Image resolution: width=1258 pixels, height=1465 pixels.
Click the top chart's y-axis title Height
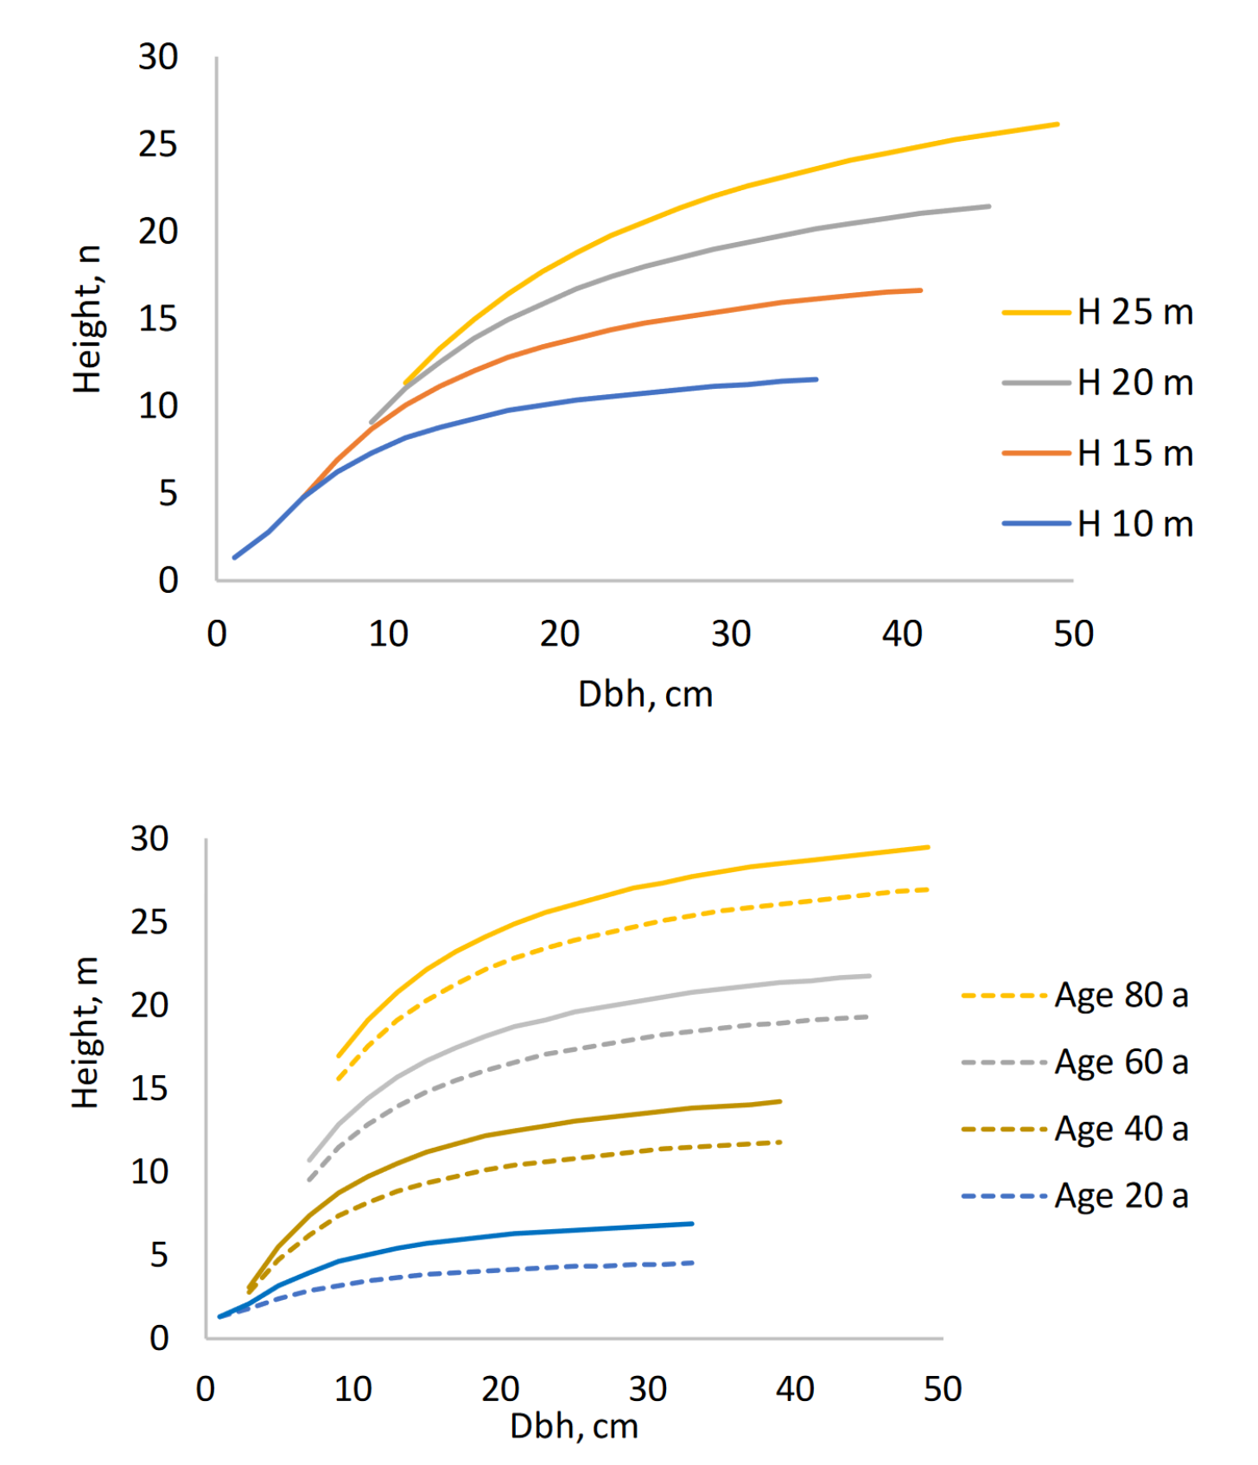(x=87, y=319)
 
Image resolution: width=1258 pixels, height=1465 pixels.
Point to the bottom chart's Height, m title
(x=86, y=1032)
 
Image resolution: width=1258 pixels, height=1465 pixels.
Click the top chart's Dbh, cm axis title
(x=645, y=694)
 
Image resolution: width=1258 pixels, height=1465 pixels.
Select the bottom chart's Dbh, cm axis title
(x=574, y=1426)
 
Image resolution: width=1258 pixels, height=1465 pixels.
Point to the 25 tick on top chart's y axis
(x=158, y=144)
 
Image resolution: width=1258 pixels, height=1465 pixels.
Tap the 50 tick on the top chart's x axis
(x=1073, y=634)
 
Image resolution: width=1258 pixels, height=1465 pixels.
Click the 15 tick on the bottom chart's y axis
(x=149, y=1088)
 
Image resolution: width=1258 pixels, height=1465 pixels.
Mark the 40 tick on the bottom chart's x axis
(x=795, y=1389)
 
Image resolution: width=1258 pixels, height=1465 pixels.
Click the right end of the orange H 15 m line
(x=921, y=290)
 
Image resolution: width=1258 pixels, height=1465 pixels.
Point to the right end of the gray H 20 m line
(x=989, y=206)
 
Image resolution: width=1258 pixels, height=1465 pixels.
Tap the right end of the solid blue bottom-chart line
(x=692, y=1223)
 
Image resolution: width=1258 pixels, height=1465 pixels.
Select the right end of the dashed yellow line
(x=928, y=889)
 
